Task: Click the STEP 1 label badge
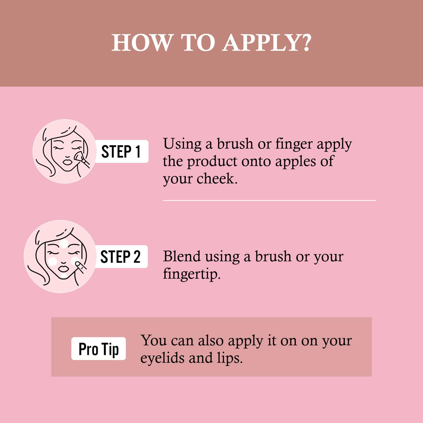[x=122, y=152]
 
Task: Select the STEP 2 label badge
[x=121, y=257]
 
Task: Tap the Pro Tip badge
[x=99, y=349]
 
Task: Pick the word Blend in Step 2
[x=182, y=256]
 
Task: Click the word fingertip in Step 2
[x=191, y=274]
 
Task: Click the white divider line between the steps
[x=270, y=201]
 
